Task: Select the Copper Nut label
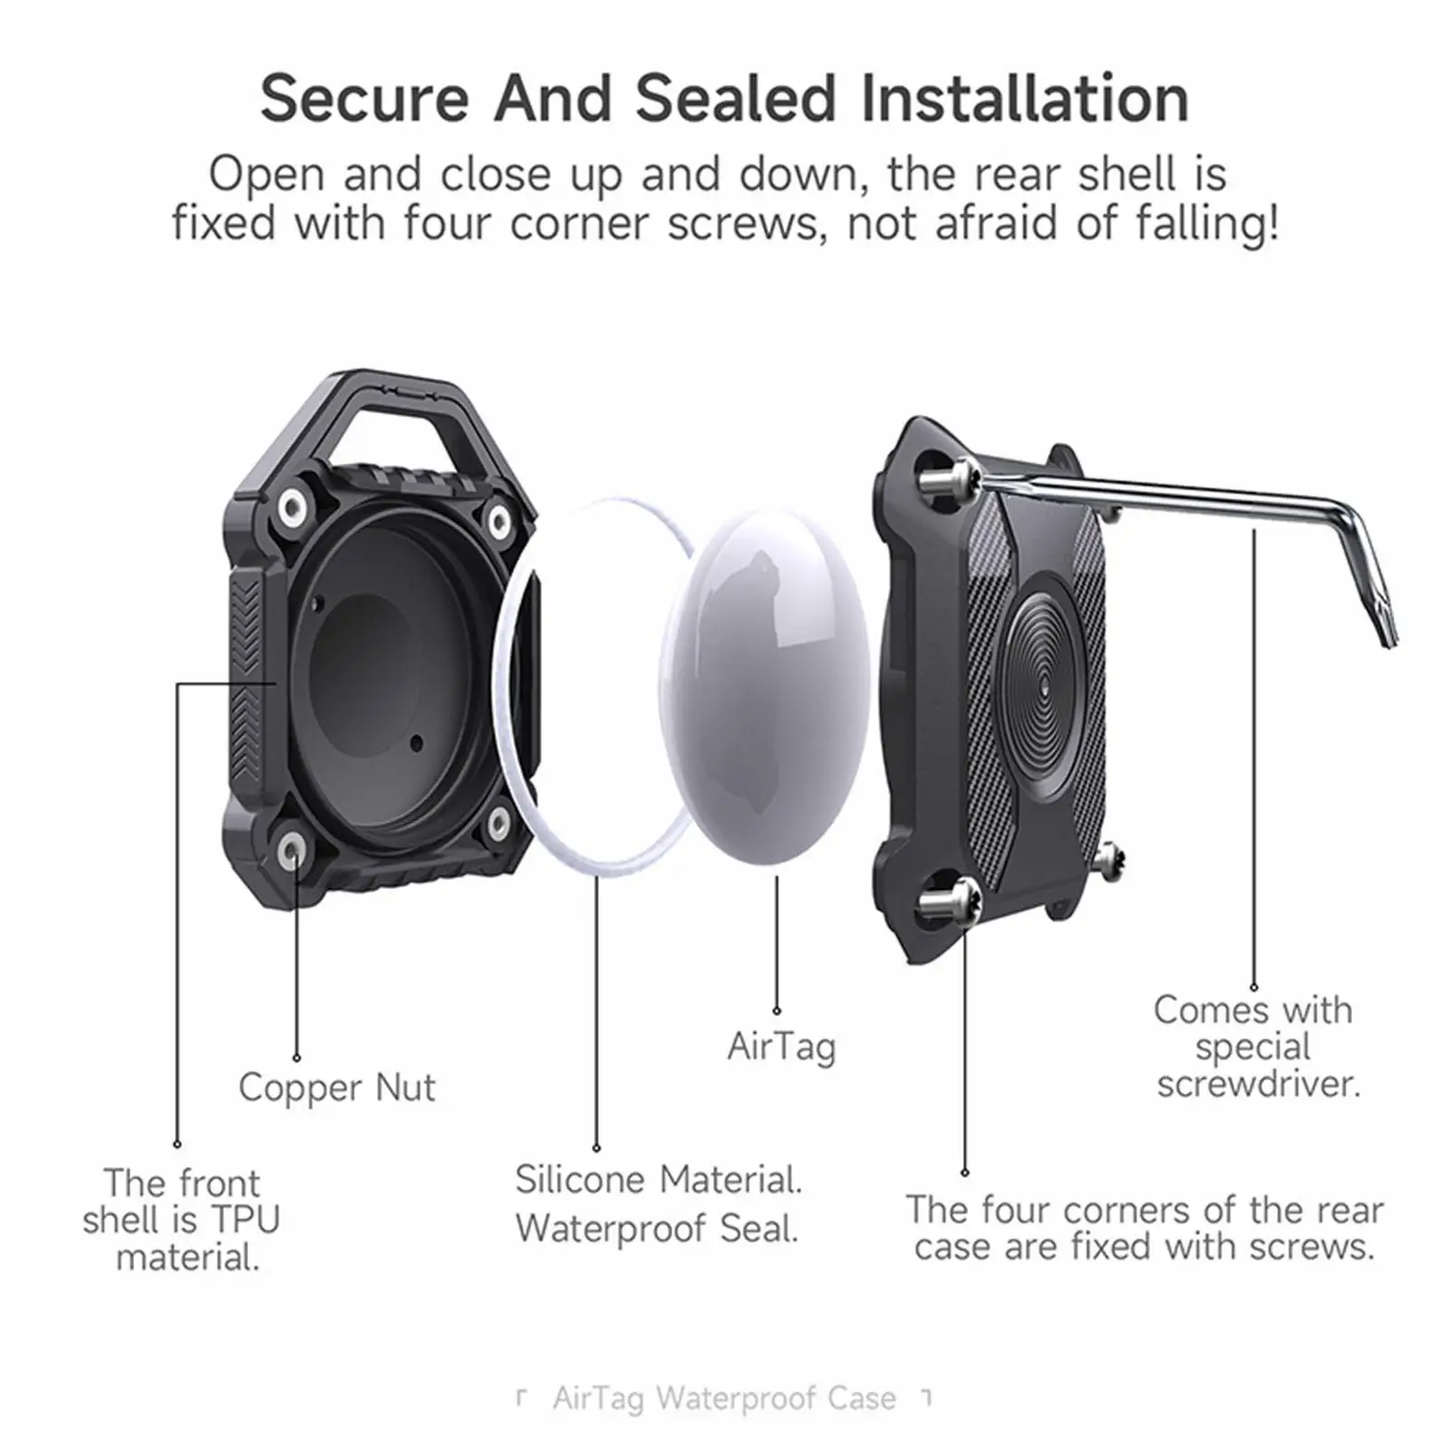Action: (x=336, y=1087)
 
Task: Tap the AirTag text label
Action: (x=781, y=1047)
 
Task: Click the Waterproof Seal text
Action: (x=657, y=1229)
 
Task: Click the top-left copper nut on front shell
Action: (x=292, y=507)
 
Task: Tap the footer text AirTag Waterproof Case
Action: (x=724, y=1398)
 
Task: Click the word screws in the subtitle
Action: (x=743, y=222)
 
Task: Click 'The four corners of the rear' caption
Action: (x=1144, y=1210)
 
